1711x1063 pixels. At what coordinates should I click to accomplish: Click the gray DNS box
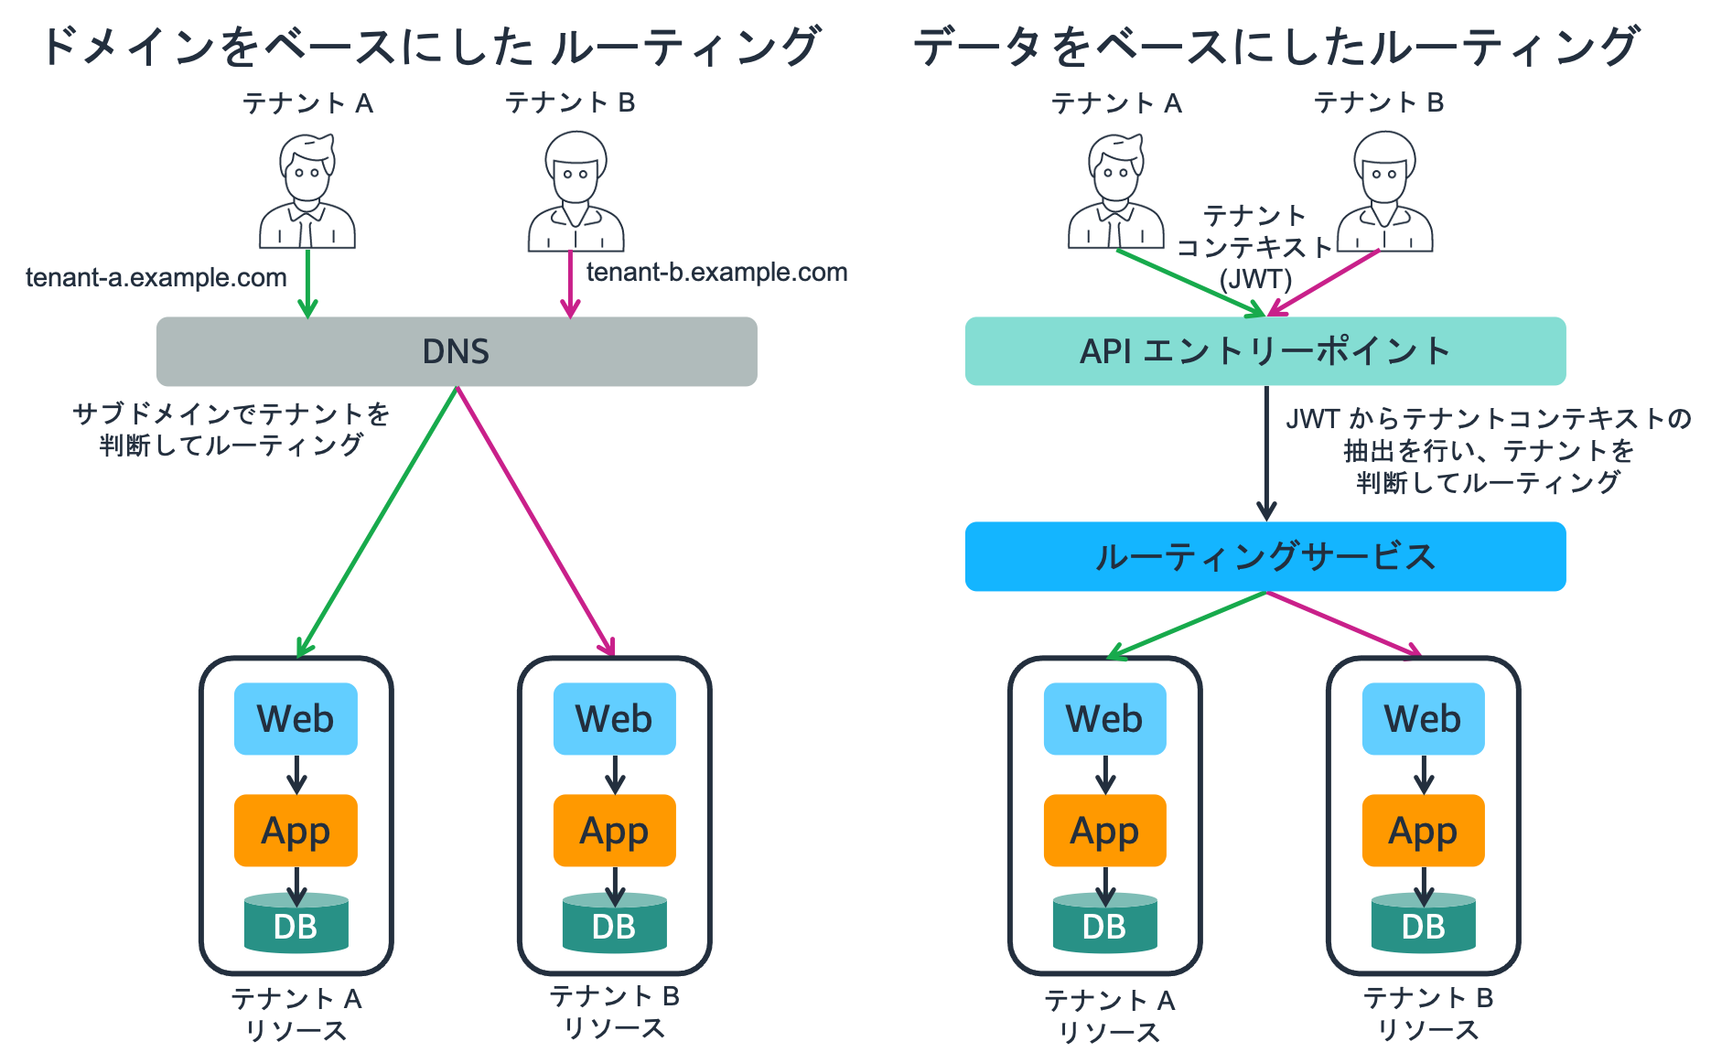point(456,351)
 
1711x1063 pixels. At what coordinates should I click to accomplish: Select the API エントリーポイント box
point(1264,351)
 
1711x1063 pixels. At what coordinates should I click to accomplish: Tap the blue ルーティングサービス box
point(1264,556)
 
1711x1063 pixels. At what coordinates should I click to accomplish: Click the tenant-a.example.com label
point(156,277)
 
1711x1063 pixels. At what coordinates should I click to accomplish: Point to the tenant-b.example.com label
point(716,272)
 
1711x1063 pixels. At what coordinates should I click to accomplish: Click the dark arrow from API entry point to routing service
point(1266,453)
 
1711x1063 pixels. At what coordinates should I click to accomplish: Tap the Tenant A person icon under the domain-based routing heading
point(307,191)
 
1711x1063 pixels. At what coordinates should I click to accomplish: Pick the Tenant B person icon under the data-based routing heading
point(1384,191)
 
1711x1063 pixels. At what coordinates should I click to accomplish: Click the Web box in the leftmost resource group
point(296,718)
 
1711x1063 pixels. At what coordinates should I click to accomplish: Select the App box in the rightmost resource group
point(1423,831)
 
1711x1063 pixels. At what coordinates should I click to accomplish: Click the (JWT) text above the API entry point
point(1255,278)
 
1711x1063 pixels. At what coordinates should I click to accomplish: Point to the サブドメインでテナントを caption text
point(231,413)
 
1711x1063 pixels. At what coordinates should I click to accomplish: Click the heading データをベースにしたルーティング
point(1275,46)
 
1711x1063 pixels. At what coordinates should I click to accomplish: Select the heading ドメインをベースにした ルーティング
point(430,46)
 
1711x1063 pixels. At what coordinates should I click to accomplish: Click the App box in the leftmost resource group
point(296,831)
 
